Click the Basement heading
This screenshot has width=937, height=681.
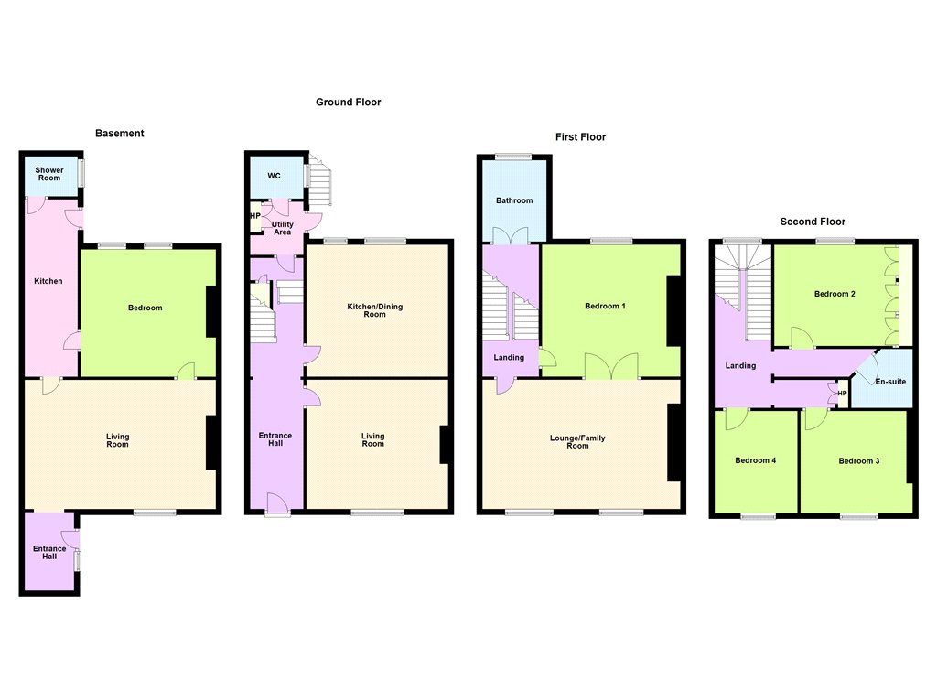[120, 134]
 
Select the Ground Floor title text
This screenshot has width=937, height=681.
[349, 103]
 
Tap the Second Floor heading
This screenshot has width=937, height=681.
[813, 222]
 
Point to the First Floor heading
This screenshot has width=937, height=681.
[580, 137]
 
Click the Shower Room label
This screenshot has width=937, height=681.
[49, 174]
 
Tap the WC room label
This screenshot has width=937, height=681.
[274, 176]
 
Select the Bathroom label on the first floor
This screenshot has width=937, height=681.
[514, 200]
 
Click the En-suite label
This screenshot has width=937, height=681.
[890, 382]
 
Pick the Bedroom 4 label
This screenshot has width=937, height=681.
[755, 460]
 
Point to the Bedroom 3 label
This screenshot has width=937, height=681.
[858, 461]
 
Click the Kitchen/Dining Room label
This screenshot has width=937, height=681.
[374, 310]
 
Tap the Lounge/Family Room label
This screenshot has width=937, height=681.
[577, 442]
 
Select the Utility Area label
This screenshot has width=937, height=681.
[283, 228]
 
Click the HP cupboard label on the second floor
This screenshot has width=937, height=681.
[842, 394]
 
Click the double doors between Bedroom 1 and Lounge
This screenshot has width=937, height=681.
[611, 365]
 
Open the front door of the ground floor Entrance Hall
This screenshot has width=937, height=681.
[276, 503]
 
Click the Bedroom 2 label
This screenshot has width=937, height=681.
[835, 294]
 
